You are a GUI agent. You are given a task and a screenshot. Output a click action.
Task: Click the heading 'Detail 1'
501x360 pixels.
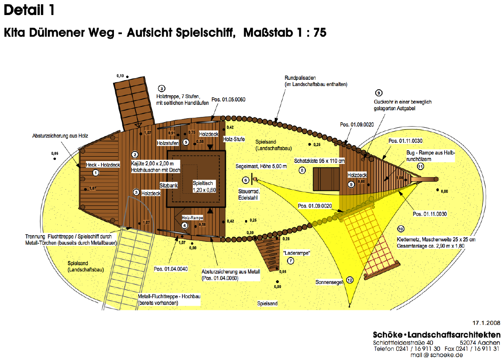(x=29, y=10)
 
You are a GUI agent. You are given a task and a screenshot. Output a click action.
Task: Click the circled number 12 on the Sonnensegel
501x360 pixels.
(x=349, y=280)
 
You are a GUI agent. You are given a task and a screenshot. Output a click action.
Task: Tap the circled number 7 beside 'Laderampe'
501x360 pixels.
(x=291, y=261)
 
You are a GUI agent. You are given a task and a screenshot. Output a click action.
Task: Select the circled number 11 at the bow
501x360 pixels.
(x=420, y=166)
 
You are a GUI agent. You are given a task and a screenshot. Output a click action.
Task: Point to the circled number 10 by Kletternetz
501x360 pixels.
(x=400, y=229)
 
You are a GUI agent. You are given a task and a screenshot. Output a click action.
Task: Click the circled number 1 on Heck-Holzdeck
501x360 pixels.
(x=96, y=172)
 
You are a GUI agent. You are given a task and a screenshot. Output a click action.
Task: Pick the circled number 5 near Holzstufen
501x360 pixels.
(x=186, y=142)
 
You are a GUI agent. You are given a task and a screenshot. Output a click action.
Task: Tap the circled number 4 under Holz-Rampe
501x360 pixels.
(x=185, y=225)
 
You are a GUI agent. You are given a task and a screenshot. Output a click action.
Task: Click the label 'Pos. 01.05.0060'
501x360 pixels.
(x=228, y=99)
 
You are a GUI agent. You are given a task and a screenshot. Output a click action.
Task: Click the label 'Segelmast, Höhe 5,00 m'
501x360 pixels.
(x=261, y=166)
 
